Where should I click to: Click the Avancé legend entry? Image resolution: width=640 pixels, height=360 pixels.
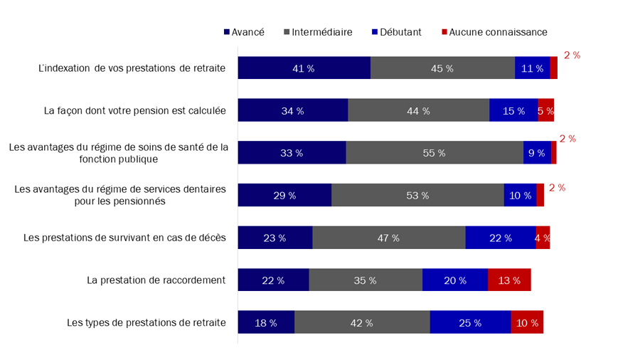coord(244,32)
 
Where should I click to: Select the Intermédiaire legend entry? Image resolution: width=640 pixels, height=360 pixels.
coord(318,32)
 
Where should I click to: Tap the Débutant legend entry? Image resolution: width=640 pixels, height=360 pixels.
coord(396,32)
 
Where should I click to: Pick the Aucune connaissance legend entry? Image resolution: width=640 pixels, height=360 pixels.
coord(494,32)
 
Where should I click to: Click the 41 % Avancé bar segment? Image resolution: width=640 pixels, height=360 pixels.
coord(304,68)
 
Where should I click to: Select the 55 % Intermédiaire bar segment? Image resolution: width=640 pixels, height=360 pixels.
coord(434,153)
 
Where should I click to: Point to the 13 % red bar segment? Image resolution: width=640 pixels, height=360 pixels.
coord(509,280)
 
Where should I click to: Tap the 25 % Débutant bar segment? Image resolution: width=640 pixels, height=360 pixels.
coord(470,322)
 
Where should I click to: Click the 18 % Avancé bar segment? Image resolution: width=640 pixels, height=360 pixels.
coord(266,322)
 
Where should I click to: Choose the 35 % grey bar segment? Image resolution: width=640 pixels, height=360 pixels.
coord(366,280)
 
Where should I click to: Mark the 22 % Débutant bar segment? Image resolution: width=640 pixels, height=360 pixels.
coord(501,238)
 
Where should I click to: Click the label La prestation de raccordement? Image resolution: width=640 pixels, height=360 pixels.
coord(156,280)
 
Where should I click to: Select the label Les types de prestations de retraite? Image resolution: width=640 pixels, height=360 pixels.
coord(146,322)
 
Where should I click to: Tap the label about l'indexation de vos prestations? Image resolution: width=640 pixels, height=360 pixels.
coord(132,68)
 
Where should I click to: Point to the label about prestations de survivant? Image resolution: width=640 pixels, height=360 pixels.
coord(124,238)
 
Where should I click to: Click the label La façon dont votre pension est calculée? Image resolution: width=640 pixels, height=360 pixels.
coord(134,111)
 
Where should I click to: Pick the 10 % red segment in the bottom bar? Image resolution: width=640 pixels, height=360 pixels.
coord(527,322)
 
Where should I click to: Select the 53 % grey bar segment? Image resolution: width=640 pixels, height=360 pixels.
coord(417,196)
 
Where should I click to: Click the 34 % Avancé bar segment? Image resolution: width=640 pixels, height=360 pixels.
coord(292,111)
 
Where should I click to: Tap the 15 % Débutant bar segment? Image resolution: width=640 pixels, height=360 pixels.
coord(513,111)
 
